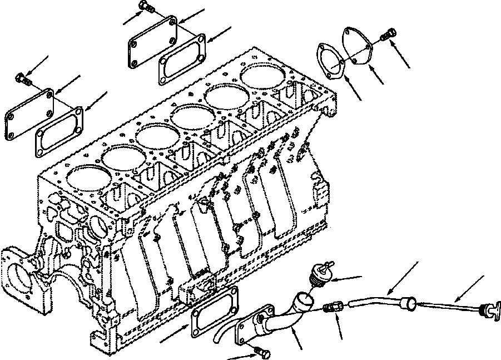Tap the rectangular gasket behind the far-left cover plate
tap(59, 130)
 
